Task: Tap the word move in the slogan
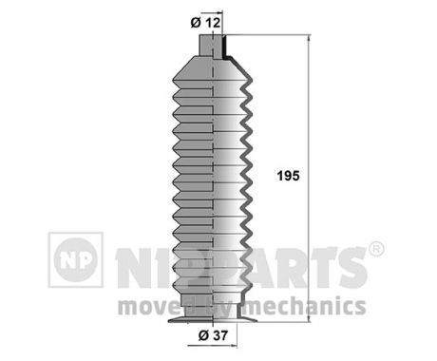pyautogui.click(x=142, y=306)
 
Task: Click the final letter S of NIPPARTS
pyautogui.click(x=351, y=268)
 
